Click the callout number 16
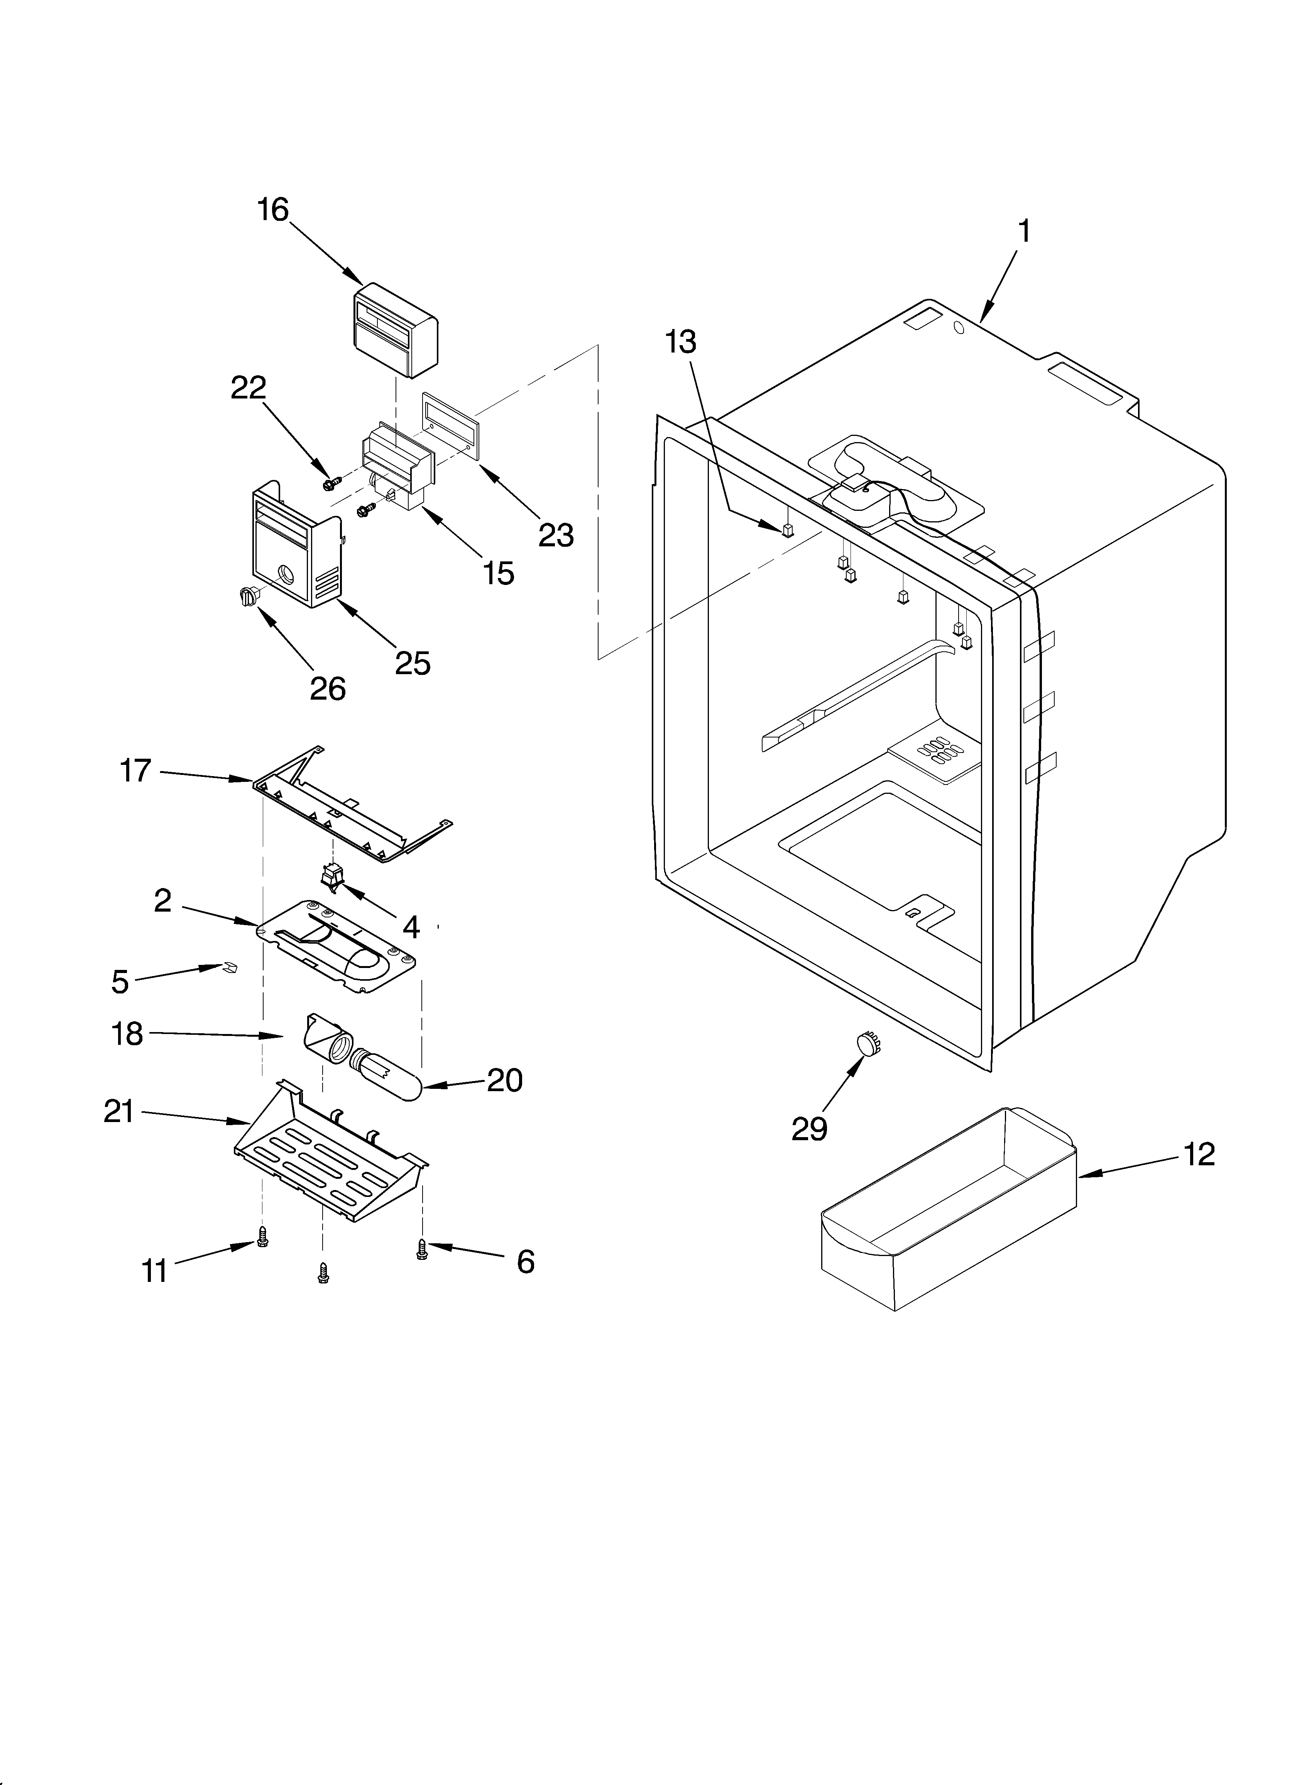273,210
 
